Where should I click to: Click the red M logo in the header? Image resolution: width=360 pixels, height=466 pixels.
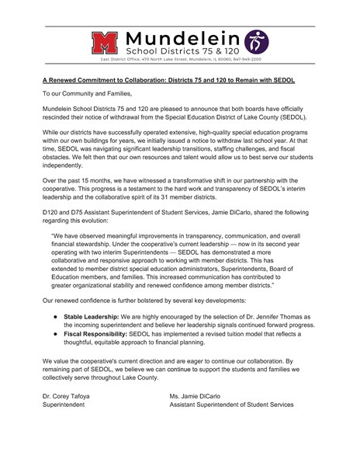(x=106, y=42)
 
